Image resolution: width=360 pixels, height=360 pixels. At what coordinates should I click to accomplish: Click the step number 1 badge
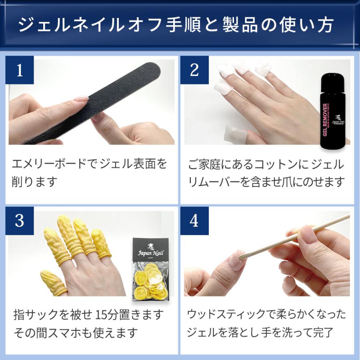pyautogui.click(x=20, y=70)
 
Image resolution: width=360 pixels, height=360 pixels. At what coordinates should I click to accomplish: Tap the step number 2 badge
pyautogui.click(x=194, y=70)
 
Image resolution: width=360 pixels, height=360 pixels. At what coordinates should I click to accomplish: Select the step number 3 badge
pyautogui.click(x=20, y=221)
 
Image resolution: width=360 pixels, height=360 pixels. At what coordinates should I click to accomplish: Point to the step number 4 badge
pyautogui.click(x=194, y=221)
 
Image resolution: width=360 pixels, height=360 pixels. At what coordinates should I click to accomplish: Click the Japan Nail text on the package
pyautogui.click(x=151, y=253)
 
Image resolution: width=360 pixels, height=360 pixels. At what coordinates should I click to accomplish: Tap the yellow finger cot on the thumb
pyautogui.click(x=54, y=283)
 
